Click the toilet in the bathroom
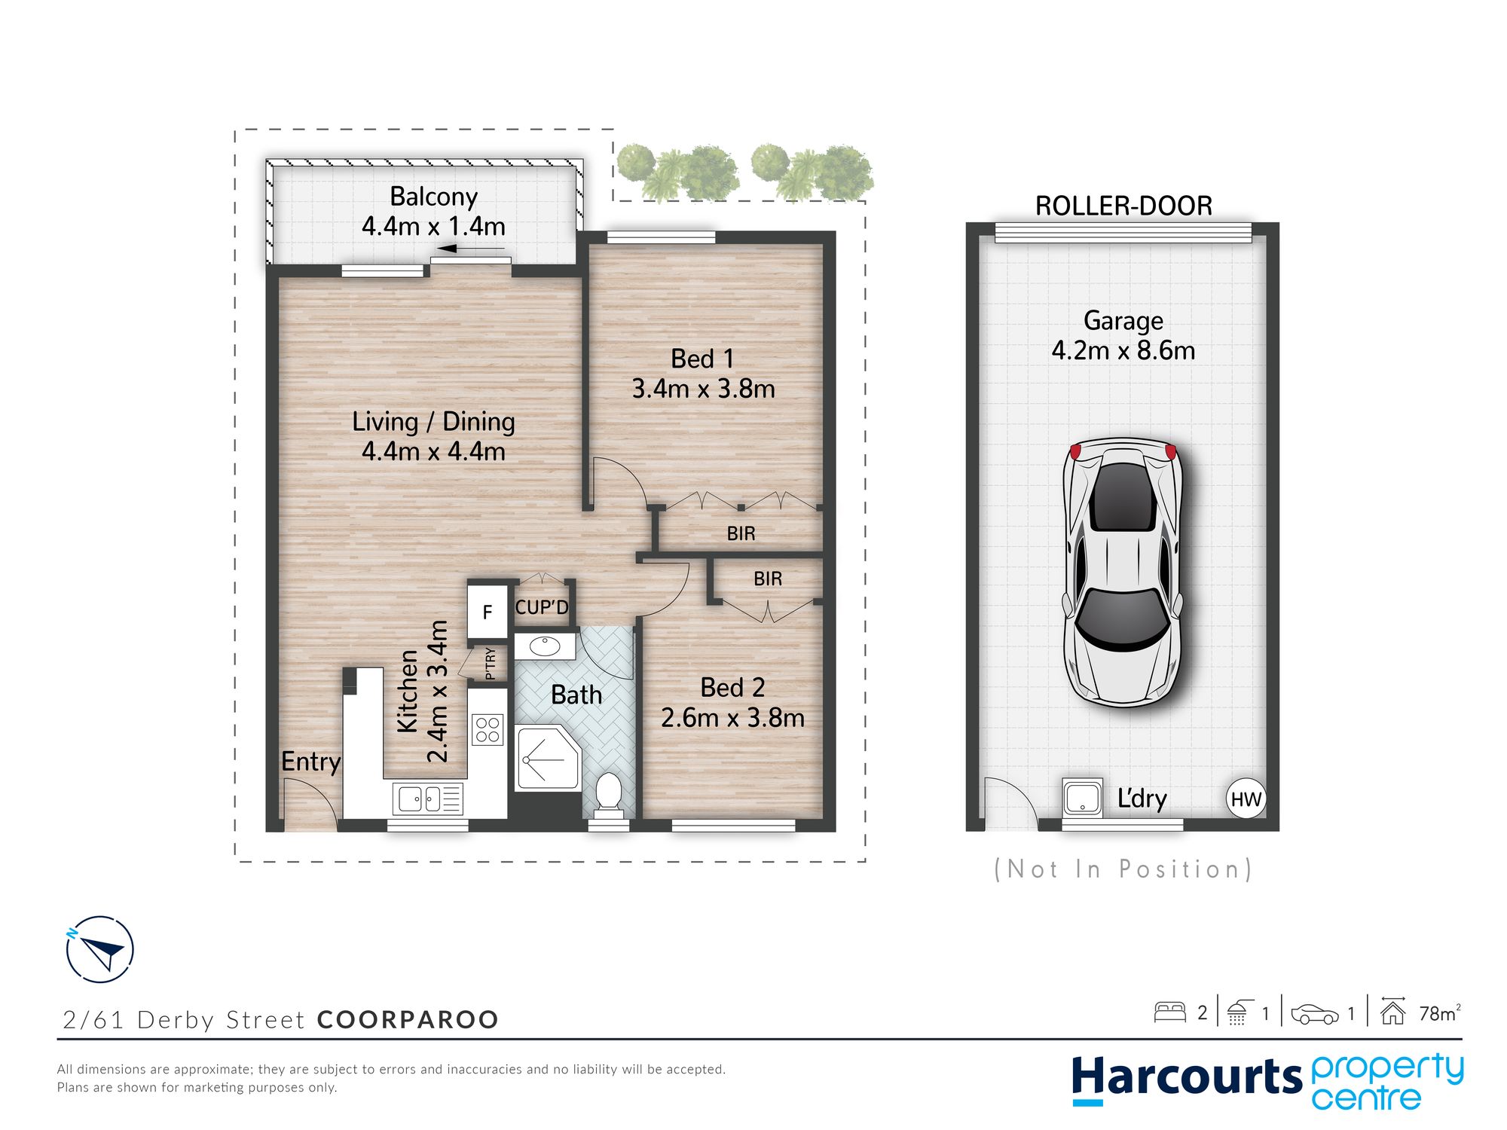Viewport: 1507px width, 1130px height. [608, 795]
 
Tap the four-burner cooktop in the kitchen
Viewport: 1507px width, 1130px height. [488, 729]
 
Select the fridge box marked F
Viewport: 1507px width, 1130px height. [488, 612]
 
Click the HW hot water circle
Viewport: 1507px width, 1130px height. [1246, 799]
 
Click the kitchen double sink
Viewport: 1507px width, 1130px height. [427, 799]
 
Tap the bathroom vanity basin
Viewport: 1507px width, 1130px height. [545, 646]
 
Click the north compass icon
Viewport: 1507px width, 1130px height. [99, 949]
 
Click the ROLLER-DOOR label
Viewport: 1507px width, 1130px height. [1123, 206]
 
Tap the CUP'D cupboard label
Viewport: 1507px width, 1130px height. [542, 607]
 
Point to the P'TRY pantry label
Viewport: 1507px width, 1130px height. [491, 663]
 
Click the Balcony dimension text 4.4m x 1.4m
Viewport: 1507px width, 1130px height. [433, 226]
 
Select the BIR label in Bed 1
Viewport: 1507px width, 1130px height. [741, 533]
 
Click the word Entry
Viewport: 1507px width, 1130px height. [310, 762]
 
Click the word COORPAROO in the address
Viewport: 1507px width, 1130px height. [408, 1019]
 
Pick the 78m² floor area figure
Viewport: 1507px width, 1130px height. [1439, 1013]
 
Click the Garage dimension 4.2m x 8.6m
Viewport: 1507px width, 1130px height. [1123, 350]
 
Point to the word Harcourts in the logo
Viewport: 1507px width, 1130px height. [1187, 1077]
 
